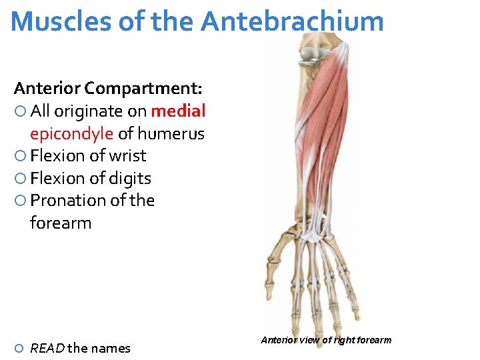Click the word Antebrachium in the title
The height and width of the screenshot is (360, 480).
(x=292, y=21)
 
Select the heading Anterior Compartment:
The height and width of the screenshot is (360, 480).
(x=109, y=88)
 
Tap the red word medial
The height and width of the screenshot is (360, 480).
(x=178, y=111)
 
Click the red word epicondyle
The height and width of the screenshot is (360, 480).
(x=71, y=133)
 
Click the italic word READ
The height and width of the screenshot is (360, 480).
(x=47, y=348)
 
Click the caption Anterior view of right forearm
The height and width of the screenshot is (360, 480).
(x=326, y=341)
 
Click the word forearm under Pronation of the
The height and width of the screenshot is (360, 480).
(x=61, y=223)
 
